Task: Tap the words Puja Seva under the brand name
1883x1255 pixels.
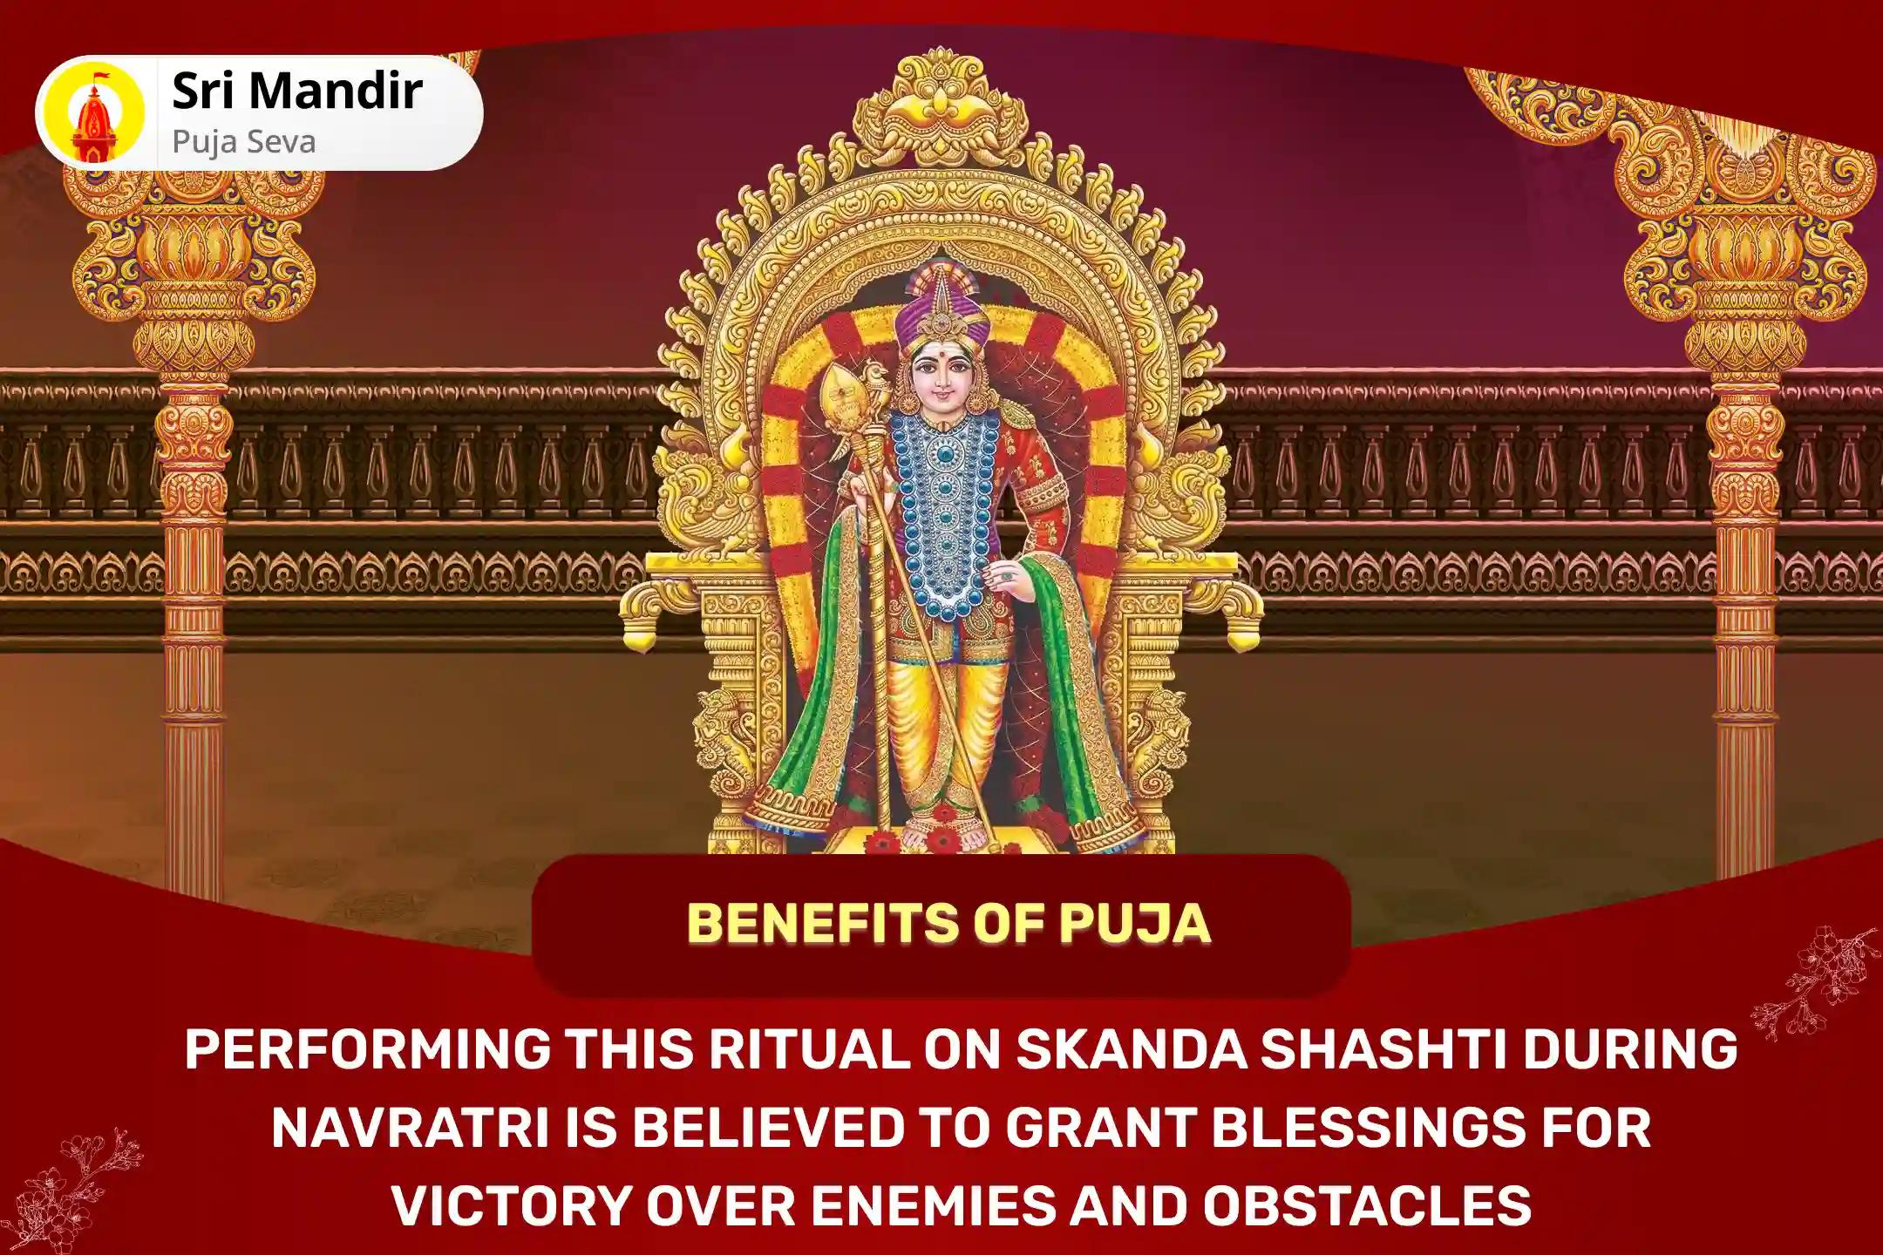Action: pos(244,142)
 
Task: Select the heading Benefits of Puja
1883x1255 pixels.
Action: pos(948,924)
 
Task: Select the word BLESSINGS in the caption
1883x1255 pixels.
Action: pos(1325,1127)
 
